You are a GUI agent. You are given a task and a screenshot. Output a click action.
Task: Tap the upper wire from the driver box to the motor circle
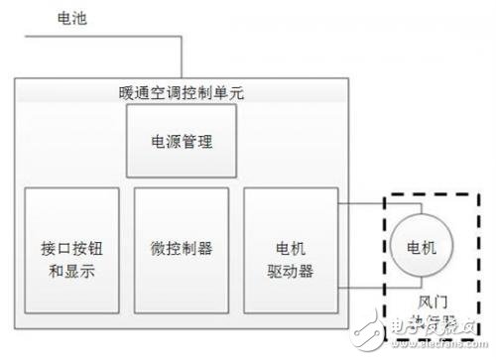tap(362, 206)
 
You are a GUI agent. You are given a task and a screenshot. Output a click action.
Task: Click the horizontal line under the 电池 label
tap(99, 38)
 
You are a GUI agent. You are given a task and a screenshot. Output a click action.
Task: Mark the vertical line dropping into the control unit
tap(181, 60)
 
